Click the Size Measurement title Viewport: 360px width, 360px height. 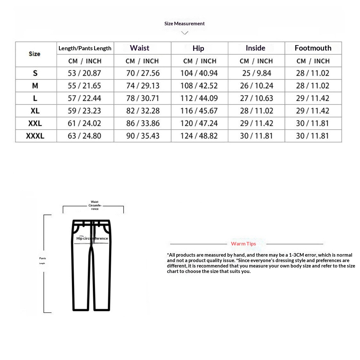(x=184, y=23)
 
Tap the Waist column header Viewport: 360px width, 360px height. (x=140, y=48)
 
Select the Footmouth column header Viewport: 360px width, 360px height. (x=313, y=48)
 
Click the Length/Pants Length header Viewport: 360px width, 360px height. (x=85, y=48)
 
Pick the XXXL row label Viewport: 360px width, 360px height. (x=35, y=136)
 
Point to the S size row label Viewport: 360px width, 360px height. (x=35, y=73)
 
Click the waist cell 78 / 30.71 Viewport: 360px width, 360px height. (x=143, y=98)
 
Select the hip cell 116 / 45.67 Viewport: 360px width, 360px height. (x=199, y=111)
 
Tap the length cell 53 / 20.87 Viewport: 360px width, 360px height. (x=84, y=73)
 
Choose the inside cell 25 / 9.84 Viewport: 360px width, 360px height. (x=257, y=73)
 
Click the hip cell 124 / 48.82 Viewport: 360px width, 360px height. (x=199, y=136)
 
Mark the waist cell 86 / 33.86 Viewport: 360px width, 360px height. (x=143, y=123)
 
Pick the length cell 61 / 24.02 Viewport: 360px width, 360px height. (x=84, y=123)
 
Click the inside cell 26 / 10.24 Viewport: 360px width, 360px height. (x=257, y=86)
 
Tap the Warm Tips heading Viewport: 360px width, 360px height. (x=244, y=244)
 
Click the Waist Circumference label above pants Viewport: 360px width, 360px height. (x=95, y=205)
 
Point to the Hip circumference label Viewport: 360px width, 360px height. (x=92, y=238)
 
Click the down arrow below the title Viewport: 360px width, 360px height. (x=185, y=33)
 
